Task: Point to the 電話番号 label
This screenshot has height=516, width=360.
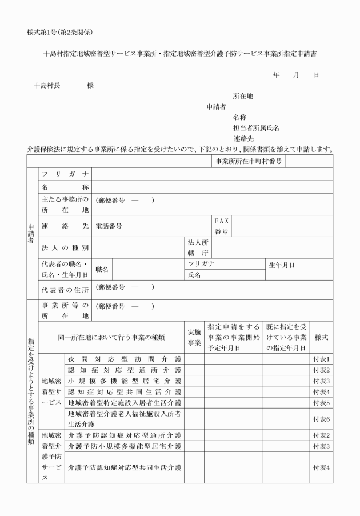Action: (109, 226)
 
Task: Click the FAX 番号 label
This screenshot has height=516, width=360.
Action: (221, 226)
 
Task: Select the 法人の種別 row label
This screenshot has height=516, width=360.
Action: (62, 249)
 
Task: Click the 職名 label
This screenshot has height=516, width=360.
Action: (102, 269)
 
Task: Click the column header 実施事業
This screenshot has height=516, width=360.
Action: (194, 338)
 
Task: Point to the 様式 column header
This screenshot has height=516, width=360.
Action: (321, 338)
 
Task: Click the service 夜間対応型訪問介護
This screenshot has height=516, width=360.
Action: (124, 359)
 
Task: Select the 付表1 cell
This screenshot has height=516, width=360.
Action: (321, 359)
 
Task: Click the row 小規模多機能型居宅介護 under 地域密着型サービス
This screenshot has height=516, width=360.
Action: (124, 381)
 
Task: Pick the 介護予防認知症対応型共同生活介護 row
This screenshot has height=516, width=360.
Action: (124, 468)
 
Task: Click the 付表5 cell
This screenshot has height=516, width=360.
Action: (321, 402)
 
